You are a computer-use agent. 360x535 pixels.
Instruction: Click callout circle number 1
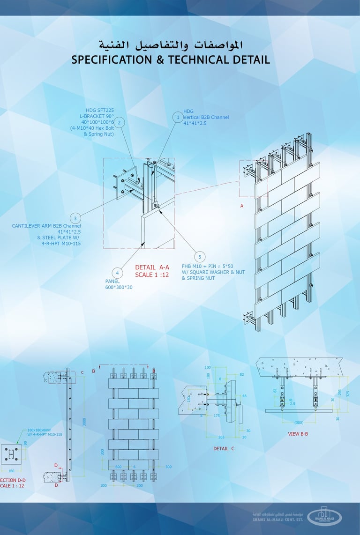(178, 117)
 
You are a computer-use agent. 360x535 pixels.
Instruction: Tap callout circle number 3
(75, 218)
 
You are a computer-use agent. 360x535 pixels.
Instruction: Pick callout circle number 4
(117, 273)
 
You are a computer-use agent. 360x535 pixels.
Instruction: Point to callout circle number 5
(200, 257)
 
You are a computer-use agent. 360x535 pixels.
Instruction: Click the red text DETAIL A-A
(152, 267)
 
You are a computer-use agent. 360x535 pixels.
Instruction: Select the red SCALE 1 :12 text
(152, 275)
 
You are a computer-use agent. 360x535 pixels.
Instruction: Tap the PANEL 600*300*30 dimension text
(119, 284)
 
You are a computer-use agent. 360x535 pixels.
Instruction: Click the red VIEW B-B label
(298, 434)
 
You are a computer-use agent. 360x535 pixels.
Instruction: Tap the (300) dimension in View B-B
(299, 422)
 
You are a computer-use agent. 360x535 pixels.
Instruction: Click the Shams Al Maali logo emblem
(325, 515)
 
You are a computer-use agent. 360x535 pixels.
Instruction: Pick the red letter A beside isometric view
(242, 206)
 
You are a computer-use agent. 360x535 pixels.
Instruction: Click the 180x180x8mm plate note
(39, 430)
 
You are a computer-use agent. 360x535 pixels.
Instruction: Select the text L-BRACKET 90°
(97, 116)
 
